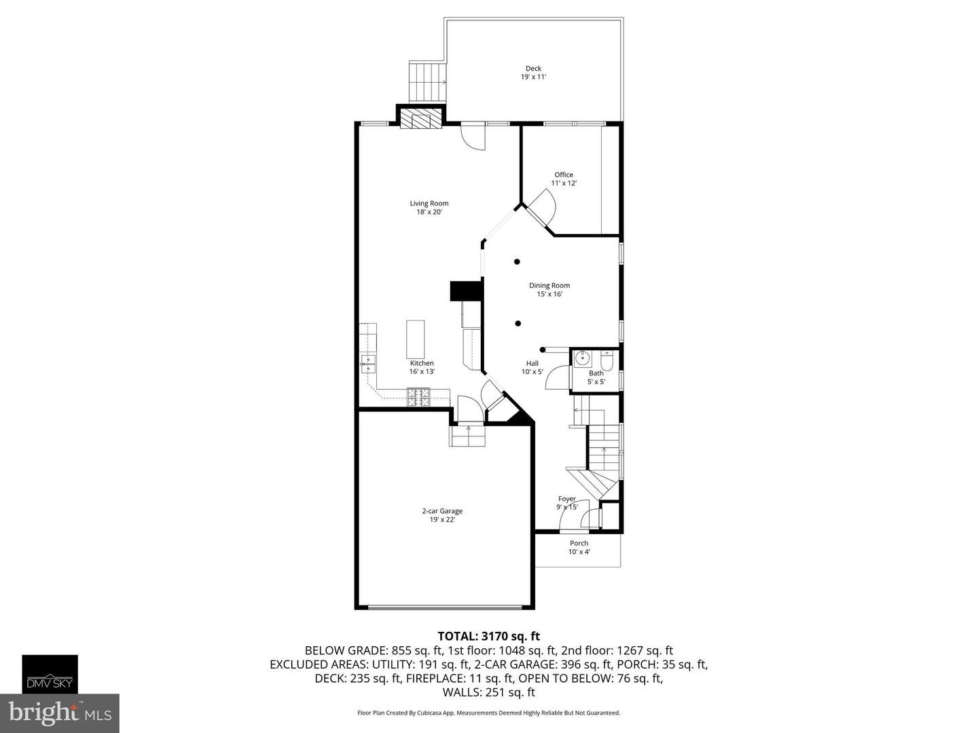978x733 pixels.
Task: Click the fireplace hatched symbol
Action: point(420,120)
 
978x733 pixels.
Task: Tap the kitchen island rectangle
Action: point(416,339)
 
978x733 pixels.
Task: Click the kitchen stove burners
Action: point(418,396)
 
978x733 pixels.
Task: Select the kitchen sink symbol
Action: point(367,364)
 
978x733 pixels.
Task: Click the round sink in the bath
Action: point(582,358)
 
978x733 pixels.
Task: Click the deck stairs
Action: point(427,81)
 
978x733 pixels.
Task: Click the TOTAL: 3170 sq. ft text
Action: point(488,636)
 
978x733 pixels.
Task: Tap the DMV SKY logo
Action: point(50,674)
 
